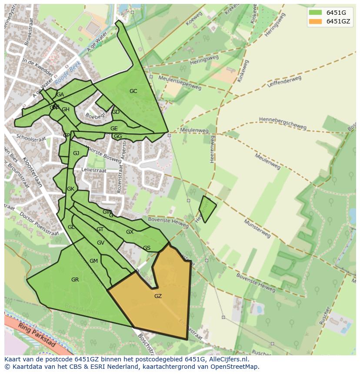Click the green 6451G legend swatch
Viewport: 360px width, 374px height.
tap(315, 13)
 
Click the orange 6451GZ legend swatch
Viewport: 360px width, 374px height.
tap(315, 21)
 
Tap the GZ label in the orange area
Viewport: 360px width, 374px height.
tap(158, 296)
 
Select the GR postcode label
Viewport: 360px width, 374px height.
tap(75, 280)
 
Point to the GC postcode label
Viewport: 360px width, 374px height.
tap(133, 91)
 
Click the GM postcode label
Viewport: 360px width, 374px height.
tap(93, 261)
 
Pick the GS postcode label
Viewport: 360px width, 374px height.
tap(147, 248)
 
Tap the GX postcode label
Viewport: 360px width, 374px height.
tap(130, 232)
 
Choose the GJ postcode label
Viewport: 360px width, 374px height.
tap(76, 153)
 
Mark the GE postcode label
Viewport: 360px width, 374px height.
tap(114, 129)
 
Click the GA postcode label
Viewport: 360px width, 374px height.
tap(60, 95)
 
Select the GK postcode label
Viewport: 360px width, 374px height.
tap(70, 189)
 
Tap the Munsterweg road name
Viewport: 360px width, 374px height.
tap(257, 228)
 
